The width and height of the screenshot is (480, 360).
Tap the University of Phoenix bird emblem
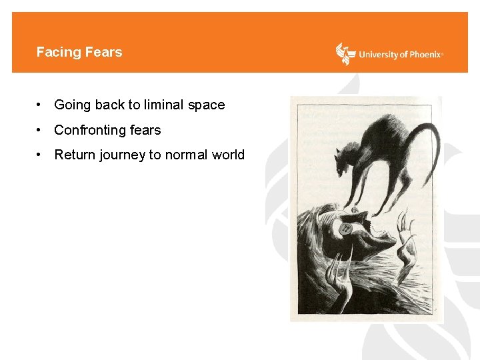click(x=345, y=54)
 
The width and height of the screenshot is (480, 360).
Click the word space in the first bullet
click(x=207, y=105)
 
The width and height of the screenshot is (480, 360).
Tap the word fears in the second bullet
click(x=146, y=130)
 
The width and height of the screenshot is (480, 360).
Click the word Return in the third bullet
click(x=75, y=155)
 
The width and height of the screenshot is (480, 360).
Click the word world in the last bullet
click(x=228, y=155)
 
